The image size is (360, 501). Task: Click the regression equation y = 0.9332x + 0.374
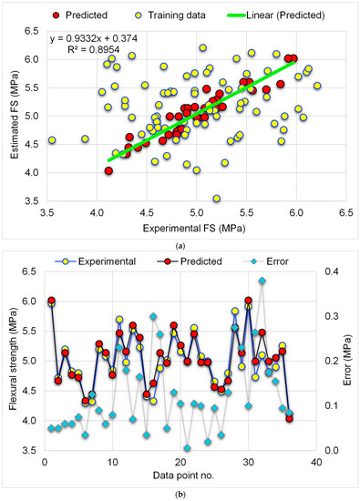(x=94, y=38)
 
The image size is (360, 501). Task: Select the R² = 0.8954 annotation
(x=94, y=49)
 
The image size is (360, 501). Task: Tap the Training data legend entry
(x=171, y=15)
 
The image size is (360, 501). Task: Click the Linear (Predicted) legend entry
(x=276, y=15)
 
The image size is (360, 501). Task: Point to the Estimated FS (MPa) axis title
(x=14, y=116)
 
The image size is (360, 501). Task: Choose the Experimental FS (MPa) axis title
(x=194, y=228)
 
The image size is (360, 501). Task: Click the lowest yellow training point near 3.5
(x=216, y=199)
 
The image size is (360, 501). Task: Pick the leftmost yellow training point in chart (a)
(x=52, y=140)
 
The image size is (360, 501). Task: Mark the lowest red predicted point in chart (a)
(x=108, y=171)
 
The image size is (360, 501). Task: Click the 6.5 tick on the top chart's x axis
(x=346, y=212)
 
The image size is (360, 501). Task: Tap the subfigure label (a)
(x=180, y=246)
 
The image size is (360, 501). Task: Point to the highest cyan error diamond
(x=262, y=281)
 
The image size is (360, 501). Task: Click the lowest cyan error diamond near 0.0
(x=188, y=448)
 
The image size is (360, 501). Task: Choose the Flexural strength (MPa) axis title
(x=13, y=359)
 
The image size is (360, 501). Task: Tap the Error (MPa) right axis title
(x=348, y=360)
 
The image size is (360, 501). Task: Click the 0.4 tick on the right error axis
(x=332, y=271)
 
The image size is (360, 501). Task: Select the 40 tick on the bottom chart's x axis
(x=316, y=462)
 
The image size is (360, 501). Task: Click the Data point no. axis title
(x=183, y=475)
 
